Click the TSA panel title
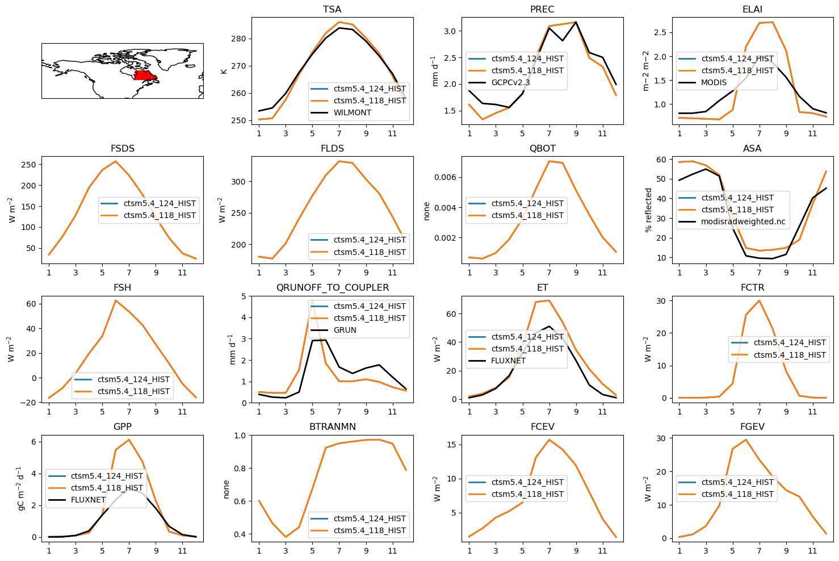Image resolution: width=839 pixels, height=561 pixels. tap(332, 10)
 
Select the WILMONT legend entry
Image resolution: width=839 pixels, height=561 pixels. tap(352, 112)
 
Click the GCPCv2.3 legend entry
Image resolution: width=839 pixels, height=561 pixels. tap(510, 82)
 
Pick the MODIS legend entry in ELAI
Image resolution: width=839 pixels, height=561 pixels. tap(714, 82)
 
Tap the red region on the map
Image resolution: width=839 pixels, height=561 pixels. tap(145, 76)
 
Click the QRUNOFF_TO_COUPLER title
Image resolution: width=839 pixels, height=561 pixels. tap(332, 288)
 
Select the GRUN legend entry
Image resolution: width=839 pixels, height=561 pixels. tap(345, 330)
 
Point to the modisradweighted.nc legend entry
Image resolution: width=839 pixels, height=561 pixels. tap(743, 221)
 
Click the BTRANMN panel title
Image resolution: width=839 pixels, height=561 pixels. tap(332, 427)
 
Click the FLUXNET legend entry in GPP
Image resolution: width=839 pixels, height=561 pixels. tap(88, 500)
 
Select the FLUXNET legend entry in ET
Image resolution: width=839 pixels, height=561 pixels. tap(508, 361)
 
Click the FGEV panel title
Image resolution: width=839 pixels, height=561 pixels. tap(752, 427)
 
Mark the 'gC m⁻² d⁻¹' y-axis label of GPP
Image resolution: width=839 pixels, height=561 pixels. tap(21, 488)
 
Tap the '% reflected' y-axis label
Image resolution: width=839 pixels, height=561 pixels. tap(648, 210)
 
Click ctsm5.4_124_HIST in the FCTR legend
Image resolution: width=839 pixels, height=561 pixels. tap(790, 342)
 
